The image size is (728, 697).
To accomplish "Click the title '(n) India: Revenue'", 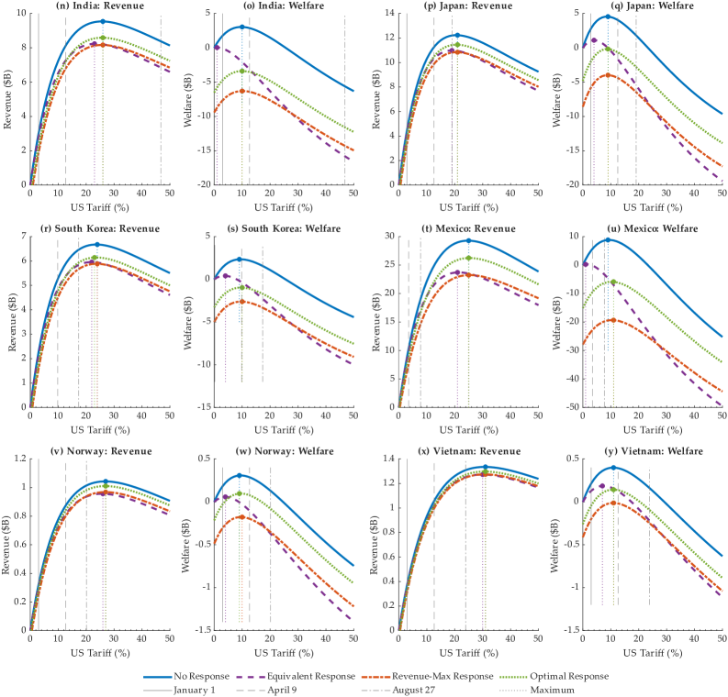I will click(x=100, y=6).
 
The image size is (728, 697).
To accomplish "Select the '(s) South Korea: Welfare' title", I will click(x=285, y=228).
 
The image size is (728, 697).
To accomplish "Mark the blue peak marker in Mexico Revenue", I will click(x=468, y=241).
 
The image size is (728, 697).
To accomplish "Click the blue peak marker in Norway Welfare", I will click(x=239, y=475).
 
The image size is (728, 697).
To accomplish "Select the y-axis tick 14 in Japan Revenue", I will click(x=389, y=14).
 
